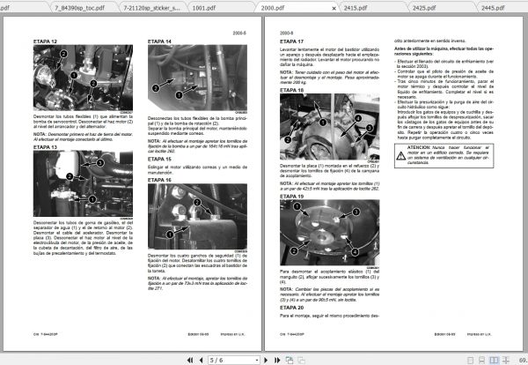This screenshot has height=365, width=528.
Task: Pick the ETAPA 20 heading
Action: tap(292, 307)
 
